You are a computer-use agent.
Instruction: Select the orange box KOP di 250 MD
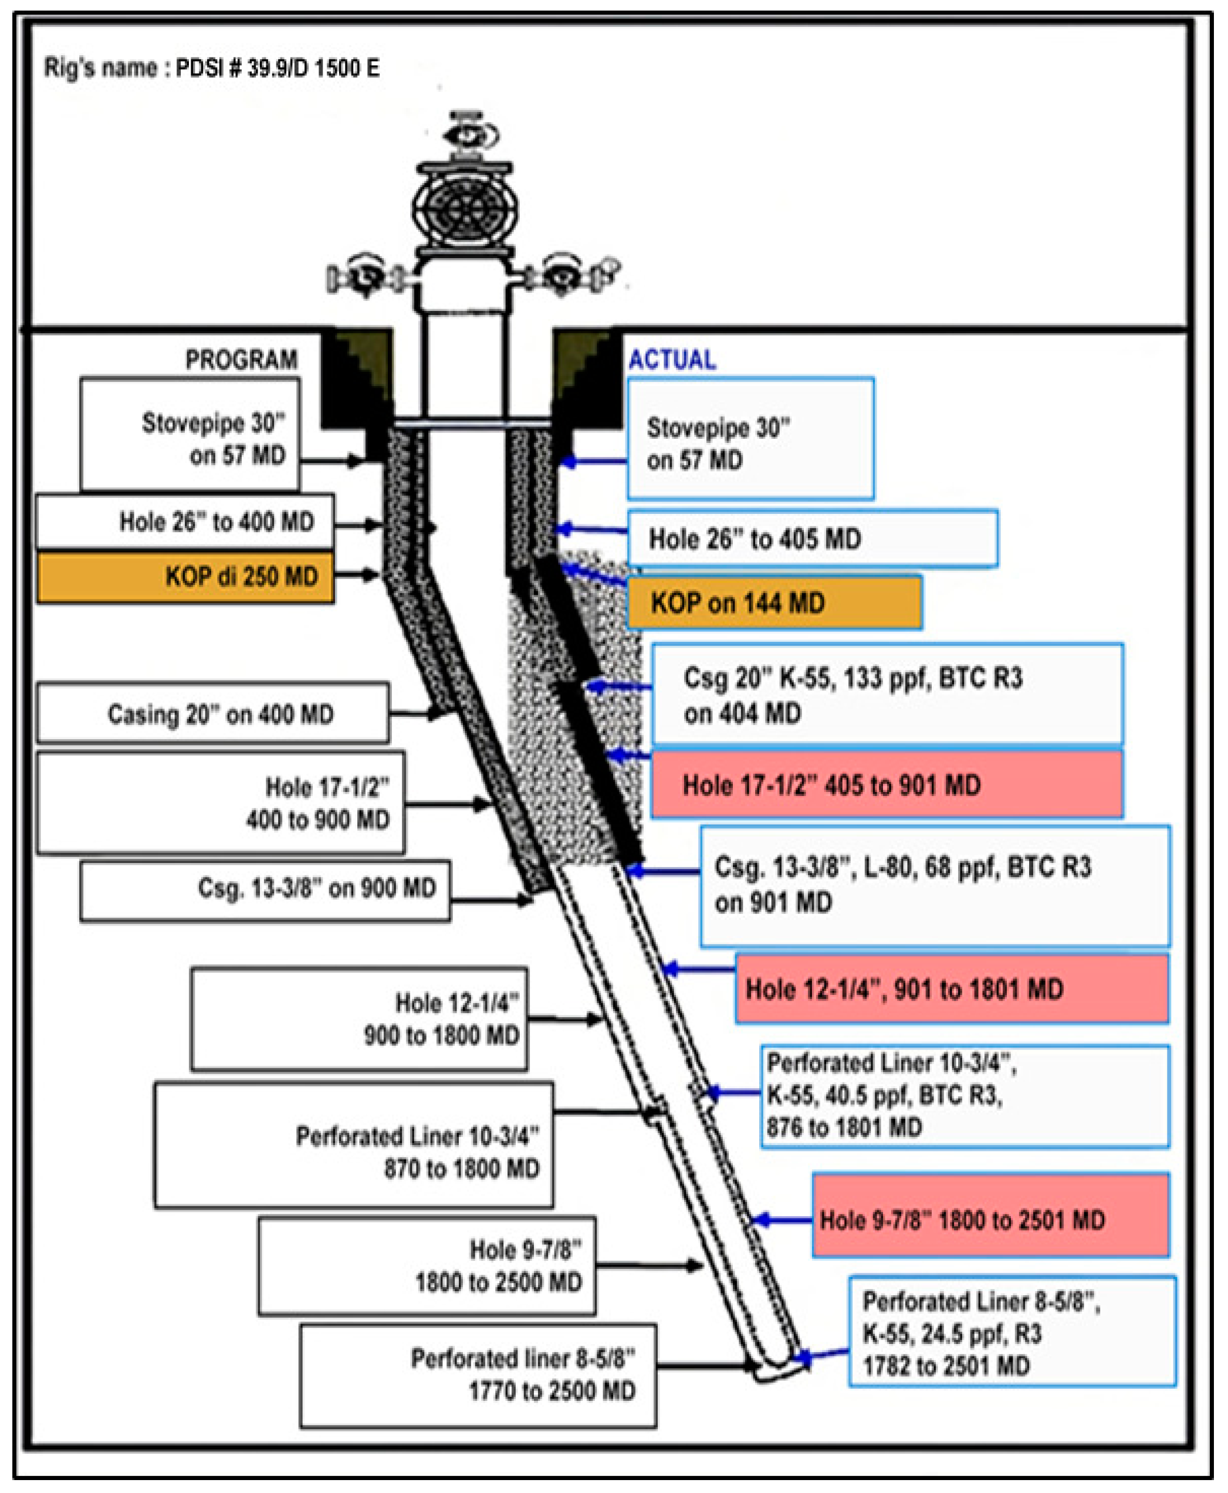click(x=185, y=577)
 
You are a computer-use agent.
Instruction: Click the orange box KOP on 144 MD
click(x=774, y=602)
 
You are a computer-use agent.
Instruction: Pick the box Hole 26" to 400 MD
click(x=185, y=522)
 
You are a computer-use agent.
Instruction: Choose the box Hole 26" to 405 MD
click(x=812, y=539)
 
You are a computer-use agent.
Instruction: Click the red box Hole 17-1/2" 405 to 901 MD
click(x=887, y=784)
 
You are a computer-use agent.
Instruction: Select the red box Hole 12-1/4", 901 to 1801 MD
click(x=952, y=988)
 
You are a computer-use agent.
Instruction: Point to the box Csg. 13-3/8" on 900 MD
click(x=265, y=889)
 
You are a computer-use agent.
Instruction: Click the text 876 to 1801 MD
click(x=845, y=1127)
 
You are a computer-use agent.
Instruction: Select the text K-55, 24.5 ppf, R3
click(x=952, y=1334)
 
